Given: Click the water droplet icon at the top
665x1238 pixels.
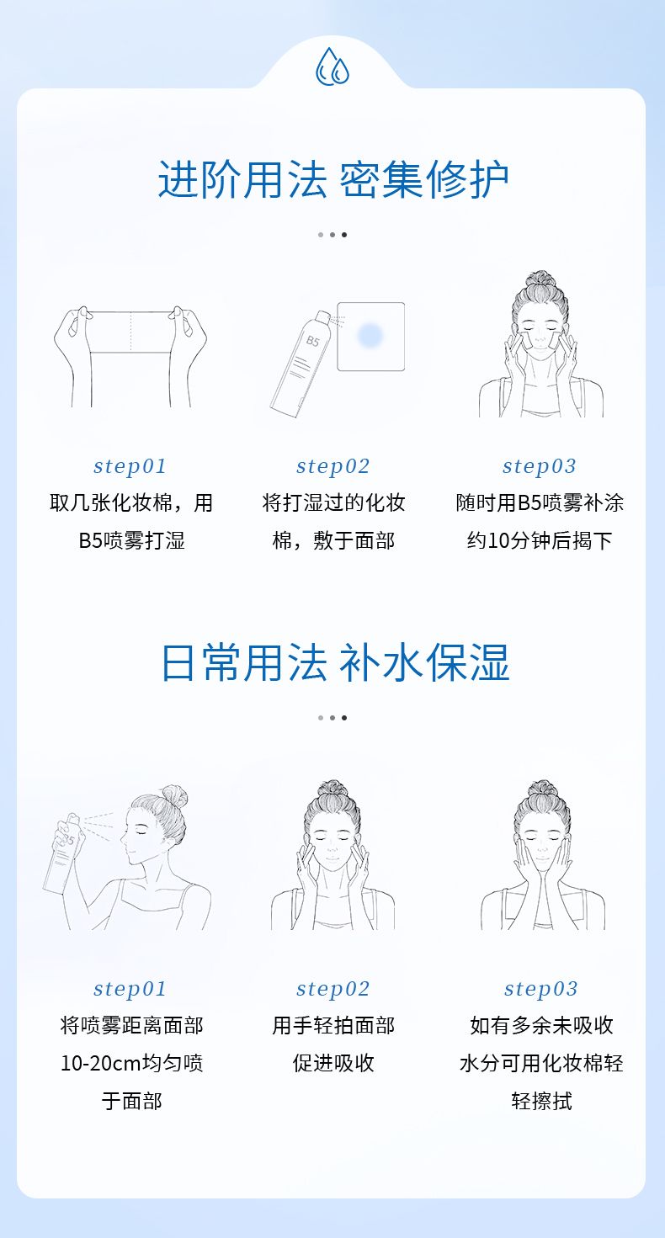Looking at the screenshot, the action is pyautogui.click(x=332, y=66).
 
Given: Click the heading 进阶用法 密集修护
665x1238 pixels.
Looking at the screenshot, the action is pyautogui.click(x=333, y=179).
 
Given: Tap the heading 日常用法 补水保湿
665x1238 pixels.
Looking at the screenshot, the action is pyautogui.click(x=334, y=662).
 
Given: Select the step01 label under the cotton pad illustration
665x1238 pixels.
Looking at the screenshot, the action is pyautogui.click(x=130, y=466).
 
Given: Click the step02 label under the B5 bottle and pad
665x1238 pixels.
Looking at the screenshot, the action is pyautogui.click(x=332, y=466).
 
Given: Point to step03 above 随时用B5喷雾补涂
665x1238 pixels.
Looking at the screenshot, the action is pyautogui.click(x=540, y=466).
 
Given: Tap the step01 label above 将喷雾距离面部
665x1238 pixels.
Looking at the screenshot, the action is pyautogui.click(x=130, y=989).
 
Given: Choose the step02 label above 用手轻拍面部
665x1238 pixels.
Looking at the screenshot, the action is pyautogui.click(x=332, y=989).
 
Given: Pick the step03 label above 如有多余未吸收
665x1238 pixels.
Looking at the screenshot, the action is pyautogui.click(x=541, y=989).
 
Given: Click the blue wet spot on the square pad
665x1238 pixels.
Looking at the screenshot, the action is pyautogui.click(x=370, y=335).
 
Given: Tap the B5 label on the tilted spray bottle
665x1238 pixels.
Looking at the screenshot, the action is pyautogui.click(x=313, y=341).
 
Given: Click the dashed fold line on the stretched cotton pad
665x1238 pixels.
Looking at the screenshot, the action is pyautogui.click(x=131, y=332).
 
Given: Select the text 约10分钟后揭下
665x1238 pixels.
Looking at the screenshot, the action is pyautogui.click(x=540, y=540).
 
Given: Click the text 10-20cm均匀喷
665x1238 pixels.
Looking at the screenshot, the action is pyautogui.click(x=131, y=1063).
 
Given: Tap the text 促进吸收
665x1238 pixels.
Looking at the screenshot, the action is pyautogui.click(x=333, y=1063).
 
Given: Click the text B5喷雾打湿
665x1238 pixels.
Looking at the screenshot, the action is pyautogui.click(x=131, y=540).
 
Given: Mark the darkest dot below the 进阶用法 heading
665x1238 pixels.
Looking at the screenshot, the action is pyautogui.click(x=344, y=235).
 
